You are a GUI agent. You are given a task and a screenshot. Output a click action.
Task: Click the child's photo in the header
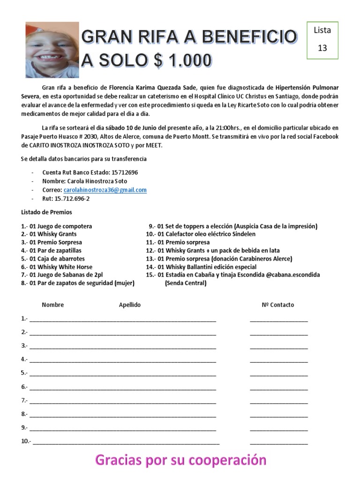(x=52, y=50)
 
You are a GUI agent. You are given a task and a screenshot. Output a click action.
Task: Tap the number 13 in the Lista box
(x=322, y=48)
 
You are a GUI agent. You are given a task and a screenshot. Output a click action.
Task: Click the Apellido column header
(x=129, y=305)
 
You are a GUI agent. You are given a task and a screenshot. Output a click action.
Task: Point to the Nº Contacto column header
(x=278, y=305)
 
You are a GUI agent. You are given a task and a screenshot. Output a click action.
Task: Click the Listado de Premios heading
(x=47, y=212)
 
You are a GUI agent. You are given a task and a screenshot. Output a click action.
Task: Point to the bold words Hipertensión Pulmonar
(x=307, y=88)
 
